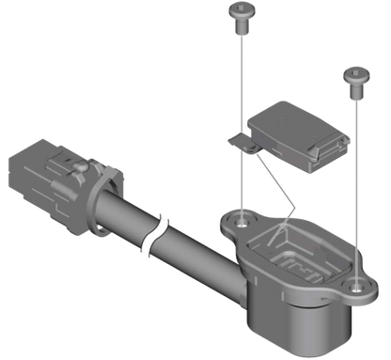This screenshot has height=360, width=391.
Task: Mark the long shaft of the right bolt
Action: [x=356, y=179]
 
